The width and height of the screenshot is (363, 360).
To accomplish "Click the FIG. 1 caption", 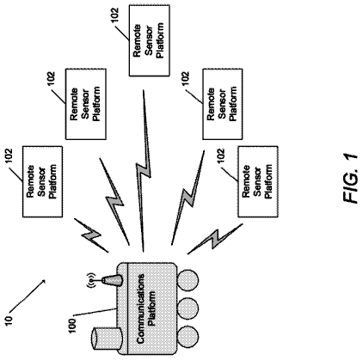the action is click(350, 179).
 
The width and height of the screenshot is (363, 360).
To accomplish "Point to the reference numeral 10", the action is click(9, 320).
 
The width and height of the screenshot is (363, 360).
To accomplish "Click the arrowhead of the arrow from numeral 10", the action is click(44, 282).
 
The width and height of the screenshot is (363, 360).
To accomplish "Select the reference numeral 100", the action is click(72, 325).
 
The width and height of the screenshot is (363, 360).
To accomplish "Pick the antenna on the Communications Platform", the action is click(111, 280).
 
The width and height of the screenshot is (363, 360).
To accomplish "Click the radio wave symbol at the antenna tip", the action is click(91, 281).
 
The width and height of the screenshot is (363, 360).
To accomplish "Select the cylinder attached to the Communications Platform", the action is click(107, 339).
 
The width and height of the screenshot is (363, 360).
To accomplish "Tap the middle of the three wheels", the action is click(188, 308).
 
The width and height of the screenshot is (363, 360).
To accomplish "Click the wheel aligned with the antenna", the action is click(188, 280).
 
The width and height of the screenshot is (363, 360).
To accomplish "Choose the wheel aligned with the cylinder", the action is click(188, 338).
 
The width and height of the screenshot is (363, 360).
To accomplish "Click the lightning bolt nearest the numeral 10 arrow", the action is click(91, 235).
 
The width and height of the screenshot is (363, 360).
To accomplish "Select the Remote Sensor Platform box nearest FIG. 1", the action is click(258, 181).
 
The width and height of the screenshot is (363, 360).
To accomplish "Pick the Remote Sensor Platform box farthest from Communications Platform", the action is click(149, 40).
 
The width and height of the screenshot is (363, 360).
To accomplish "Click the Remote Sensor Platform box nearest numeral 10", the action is click(42, 181).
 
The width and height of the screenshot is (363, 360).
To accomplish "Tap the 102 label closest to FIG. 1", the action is click(221, 156).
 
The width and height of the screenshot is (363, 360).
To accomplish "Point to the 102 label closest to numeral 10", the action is click(9, 156).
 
